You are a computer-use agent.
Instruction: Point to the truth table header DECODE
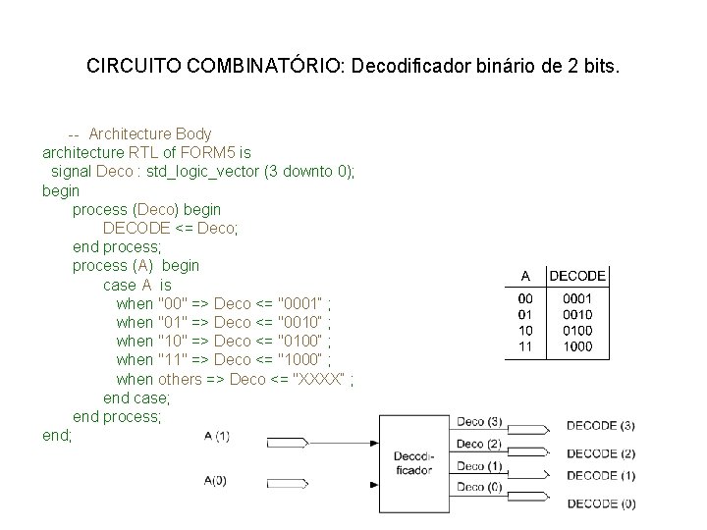click(x=577, y=276)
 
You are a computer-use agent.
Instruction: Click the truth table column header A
click(x=525, y=276)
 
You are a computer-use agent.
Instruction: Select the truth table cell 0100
click(x=577, y=331)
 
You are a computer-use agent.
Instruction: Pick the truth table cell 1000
click(x=577, y=346)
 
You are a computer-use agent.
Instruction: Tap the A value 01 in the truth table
click(x=525, y=315)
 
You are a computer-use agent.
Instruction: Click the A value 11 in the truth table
click(x=525, y=346)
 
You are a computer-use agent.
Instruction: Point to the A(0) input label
click(x=216, y=480)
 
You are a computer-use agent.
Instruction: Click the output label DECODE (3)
click(x=600, y=426)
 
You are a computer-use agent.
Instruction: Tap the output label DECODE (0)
click(x=600, y=503)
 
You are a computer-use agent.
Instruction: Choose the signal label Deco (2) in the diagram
click(x=479, y=444)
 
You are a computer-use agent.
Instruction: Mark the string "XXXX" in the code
click(x=319, y=379)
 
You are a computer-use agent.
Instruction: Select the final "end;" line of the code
click(x=57, y=435)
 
